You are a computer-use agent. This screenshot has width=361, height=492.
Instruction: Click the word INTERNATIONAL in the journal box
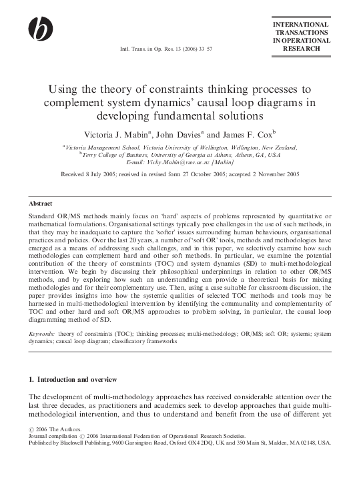(x=302, y=25)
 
